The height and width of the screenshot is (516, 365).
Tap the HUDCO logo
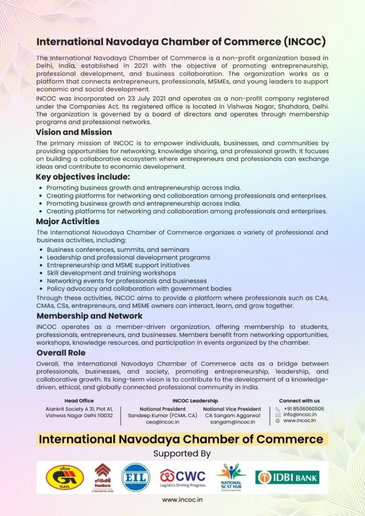102,477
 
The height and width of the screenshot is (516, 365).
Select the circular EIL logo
136,477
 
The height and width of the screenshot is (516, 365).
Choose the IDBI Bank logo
287,477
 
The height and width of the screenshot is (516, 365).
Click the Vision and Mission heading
74,132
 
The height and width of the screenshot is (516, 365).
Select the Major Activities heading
68,221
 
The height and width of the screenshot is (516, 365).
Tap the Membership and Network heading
89,316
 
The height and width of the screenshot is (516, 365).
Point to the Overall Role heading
60,353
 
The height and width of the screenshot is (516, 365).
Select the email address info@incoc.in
300,415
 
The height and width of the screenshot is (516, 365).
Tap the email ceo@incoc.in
162,422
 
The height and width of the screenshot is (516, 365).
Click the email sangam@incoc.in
232,422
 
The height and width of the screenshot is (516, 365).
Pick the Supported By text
182,454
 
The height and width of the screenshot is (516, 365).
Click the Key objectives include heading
83,177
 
